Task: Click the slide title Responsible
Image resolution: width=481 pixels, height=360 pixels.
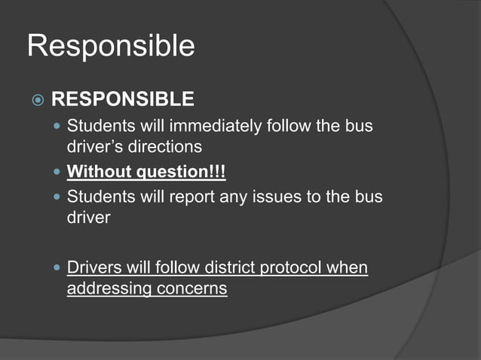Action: [111, 47]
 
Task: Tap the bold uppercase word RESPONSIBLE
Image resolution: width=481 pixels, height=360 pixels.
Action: [122, 99]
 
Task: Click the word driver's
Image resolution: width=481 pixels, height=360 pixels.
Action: [94, 147]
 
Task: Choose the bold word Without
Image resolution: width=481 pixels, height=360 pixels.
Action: [98, 172]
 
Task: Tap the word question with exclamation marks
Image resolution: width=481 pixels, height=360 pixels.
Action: [181, 173]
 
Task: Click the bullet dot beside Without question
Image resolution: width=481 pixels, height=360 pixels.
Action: [57, 173]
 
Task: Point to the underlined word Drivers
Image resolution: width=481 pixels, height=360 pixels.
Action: [93, 267]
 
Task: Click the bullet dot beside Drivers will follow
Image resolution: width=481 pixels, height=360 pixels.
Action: [57, 268]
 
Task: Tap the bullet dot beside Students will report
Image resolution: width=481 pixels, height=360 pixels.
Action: [57, 197]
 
